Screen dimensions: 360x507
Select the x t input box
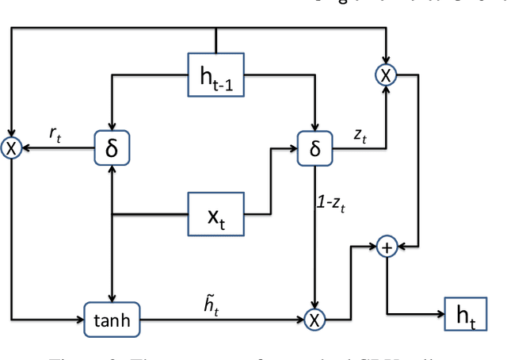pyautogui.click(x=215, y=214)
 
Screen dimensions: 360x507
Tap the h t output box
pyautogui.click(x=468, y=317)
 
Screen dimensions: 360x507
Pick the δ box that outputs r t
pyautogui.click(x=112, y=147)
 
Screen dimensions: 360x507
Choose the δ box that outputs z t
pyautogui.click(x=315, y=147)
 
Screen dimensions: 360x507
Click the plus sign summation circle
pyautogui.click(x=387, y=247)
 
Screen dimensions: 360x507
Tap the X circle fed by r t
pyautogui.click(x=12, y=147)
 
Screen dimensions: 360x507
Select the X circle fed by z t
pyautogui.click(x=386, y=75)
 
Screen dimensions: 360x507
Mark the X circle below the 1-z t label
pyautogui.click(x=315, y=320)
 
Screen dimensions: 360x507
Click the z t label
pyautogui.click(x=360, y=136)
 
